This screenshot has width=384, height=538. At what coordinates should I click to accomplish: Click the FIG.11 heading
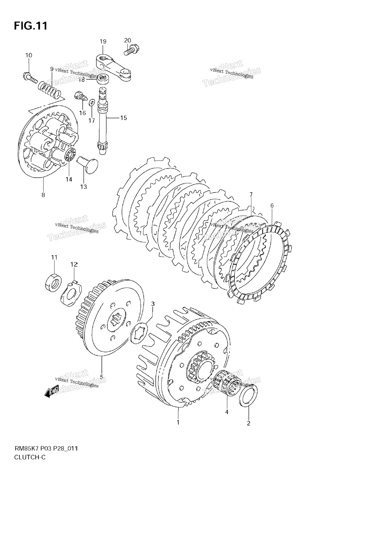coord(30,26)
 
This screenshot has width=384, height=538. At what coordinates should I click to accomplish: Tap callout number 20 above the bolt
coord(128,40)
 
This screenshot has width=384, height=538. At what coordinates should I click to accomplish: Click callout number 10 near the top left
coord(29,55)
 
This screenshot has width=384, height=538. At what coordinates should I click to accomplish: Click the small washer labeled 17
coord(91,102)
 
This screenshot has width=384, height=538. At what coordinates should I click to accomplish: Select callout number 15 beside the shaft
coord(123,118)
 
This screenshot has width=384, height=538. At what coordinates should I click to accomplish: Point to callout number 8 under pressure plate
coord(43,195)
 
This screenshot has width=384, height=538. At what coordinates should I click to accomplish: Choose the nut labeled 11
coord(53,282)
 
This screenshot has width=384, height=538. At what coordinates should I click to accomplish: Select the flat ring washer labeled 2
coord(248,396)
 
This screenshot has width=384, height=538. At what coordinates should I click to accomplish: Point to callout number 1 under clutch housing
coord(178,422)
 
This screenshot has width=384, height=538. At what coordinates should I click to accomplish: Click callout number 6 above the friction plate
coord(272,205)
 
